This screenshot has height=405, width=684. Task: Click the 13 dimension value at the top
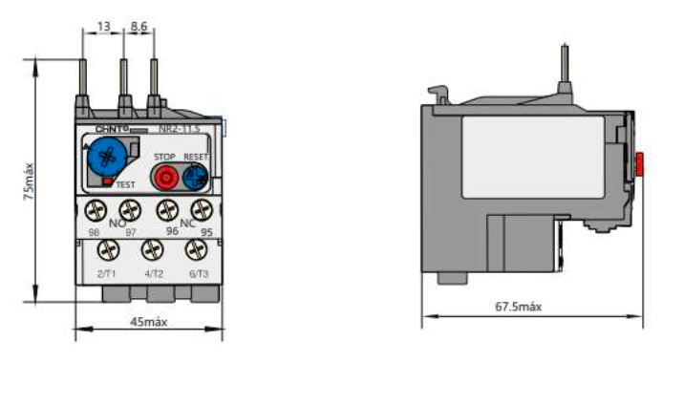click(103, 28)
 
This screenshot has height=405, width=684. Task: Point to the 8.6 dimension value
click(139, 28)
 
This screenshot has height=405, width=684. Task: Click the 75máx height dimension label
click(30, 180)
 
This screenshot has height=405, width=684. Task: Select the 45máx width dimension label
click(148, 322)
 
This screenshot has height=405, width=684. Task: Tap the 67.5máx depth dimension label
click(519, 307)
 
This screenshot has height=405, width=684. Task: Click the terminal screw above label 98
click(94, 210)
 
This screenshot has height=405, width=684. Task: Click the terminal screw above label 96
click(168, 210)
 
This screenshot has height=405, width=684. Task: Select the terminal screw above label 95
click(201, 210)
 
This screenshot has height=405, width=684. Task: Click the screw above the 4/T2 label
click(152, 250)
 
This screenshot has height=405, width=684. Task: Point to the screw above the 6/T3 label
click(196, 250)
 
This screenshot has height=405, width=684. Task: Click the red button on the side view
click(639, 165)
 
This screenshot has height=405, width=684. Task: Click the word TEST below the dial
click(126, 183)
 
